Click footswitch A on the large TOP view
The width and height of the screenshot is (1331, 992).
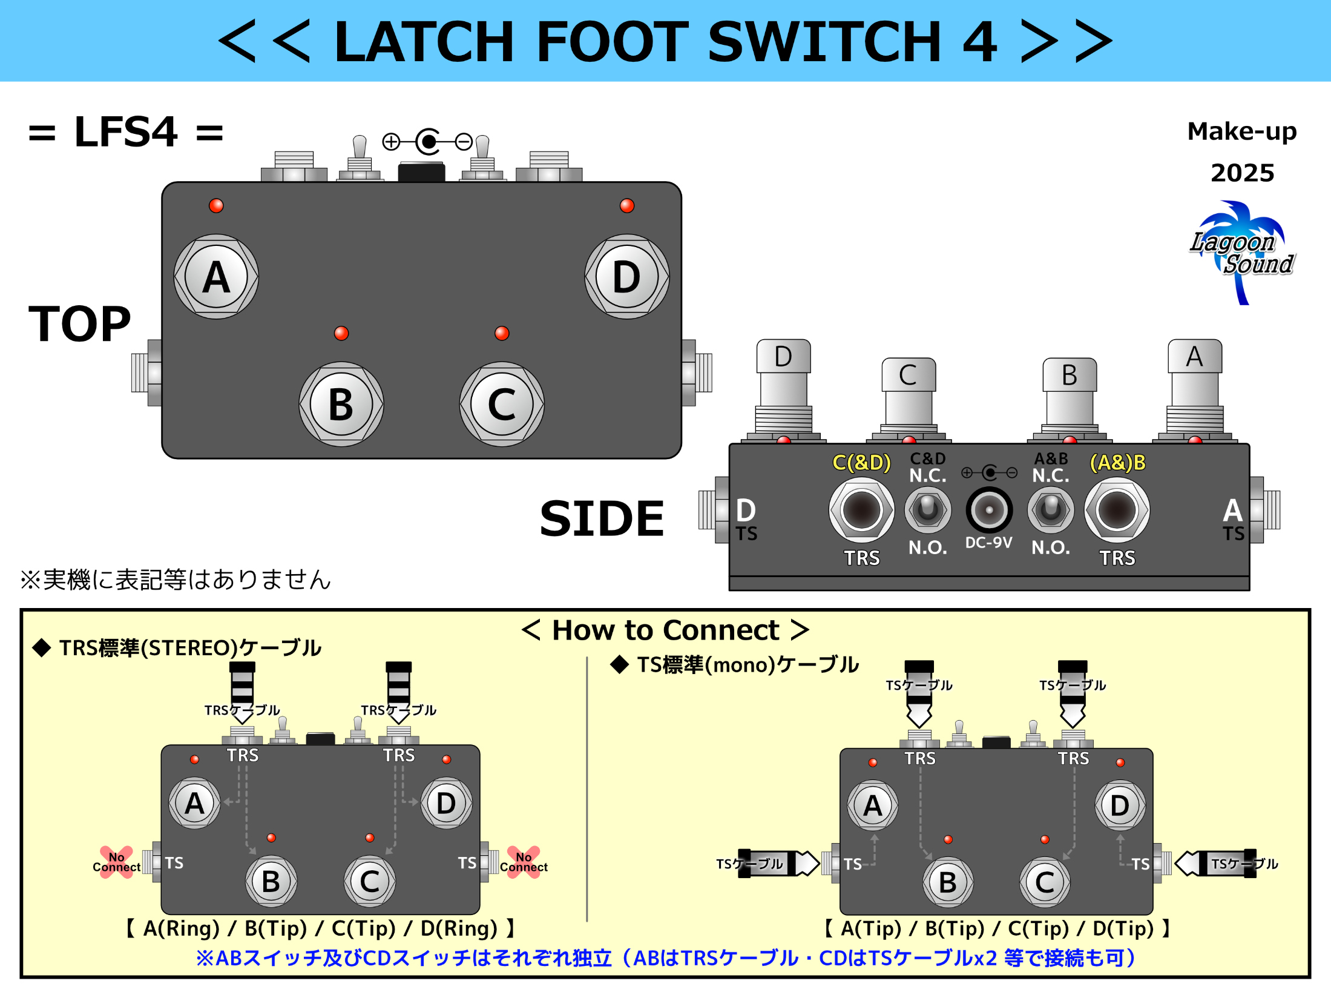(x=216, y=277)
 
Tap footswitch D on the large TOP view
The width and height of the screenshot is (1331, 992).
(x=626, y=277)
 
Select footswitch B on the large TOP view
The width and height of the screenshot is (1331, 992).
(x=341, y=404)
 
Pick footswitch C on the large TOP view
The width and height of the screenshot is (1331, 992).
(x=502, y=404)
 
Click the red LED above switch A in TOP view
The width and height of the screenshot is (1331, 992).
(x=216, y=205)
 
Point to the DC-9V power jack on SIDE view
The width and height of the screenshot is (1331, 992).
(x=988, y=510)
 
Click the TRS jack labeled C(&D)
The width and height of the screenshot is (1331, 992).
(x=861, y=510)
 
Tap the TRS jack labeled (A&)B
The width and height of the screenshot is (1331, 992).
(x=1117, y=510)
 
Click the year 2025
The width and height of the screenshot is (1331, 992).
(x=1242, y=173)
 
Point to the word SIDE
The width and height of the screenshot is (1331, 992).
(x=602, y=519)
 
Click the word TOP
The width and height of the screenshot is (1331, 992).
(x=79, y=324)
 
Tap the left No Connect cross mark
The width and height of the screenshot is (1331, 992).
(x=116, y=862)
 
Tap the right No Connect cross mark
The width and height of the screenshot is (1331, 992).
(x=524, y=862)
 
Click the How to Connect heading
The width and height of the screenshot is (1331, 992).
(x=665, y=630)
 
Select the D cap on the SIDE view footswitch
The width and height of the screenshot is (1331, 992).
(x=783, y=356)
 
